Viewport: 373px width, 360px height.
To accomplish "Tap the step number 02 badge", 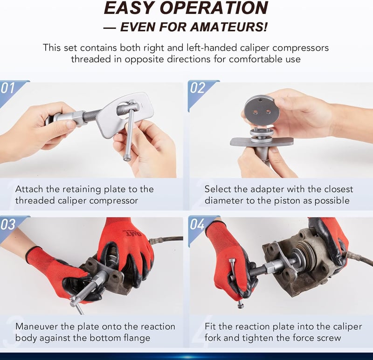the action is (197, 88).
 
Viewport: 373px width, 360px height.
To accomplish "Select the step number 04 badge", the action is (197, 224).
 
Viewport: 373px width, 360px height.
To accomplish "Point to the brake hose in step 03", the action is (166, 239).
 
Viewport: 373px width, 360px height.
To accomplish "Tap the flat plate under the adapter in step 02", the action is (262, 142).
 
